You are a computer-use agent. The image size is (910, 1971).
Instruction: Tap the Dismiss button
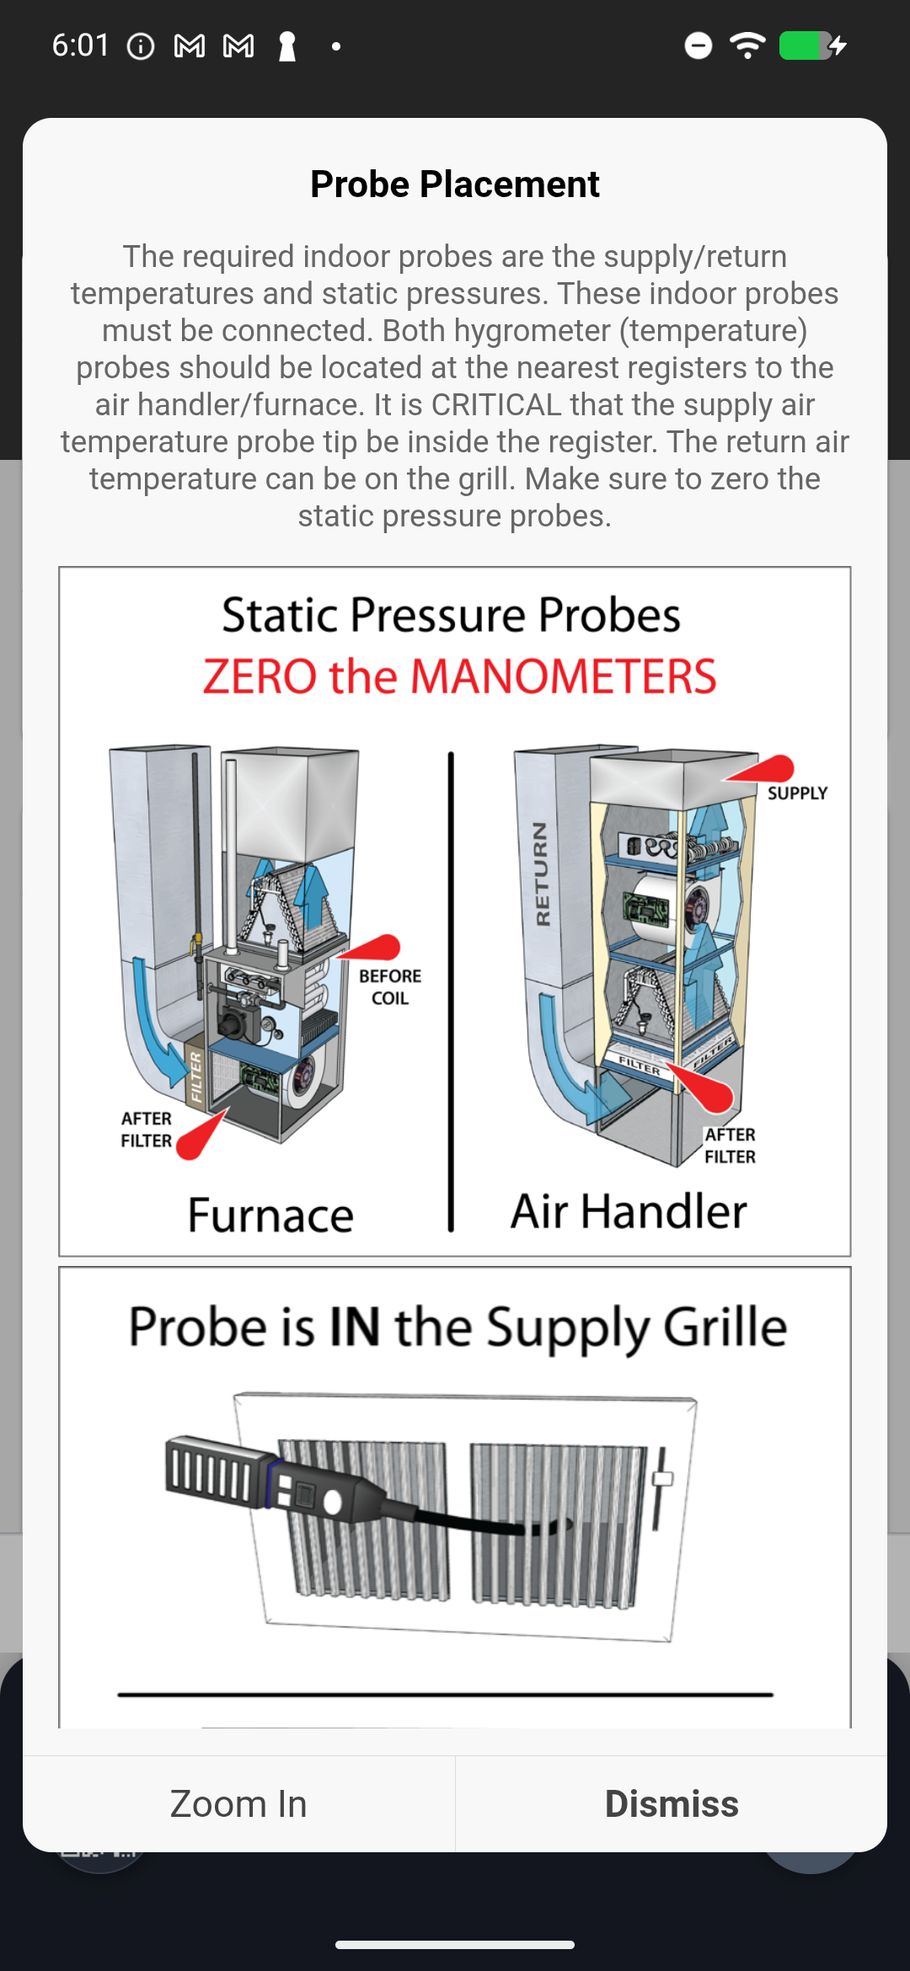(x=672, y=1804)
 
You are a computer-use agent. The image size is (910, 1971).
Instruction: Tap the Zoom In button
(x=238, y=1804)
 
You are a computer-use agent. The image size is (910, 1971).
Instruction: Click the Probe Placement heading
(x=455, y=184)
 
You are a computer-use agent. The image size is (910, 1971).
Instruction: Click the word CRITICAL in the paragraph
(x=495, y=405)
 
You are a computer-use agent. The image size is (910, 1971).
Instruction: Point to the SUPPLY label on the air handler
(x=797, y=793)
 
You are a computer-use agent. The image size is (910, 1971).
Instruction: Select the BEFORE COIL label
(x=390, y=987)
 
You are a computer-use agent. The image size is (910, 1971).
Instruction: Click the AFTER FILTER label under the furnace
(x=147, y=1130)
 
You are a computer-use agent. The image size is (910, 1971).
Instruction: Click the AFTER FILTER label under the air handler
(x=730, y=1146)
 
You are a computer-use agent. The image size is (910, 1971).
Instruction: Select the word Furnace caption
(x=270, y=1215)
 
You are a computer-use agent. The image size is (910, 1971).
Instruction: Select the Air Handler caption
(x=629, y=1212)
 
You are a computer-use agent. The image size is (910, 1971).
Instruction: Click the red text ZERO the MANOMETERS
(x=459, y=676)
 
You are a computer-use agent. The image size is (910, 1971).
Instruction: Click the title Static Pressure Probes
(x=452, y=615)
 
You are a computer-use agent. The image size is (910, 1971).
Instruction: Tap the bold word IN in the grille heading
(x=355, y=1327)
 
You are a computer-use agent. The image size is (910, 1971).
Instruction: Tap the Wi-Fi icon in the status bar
(x=747, y=45)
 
